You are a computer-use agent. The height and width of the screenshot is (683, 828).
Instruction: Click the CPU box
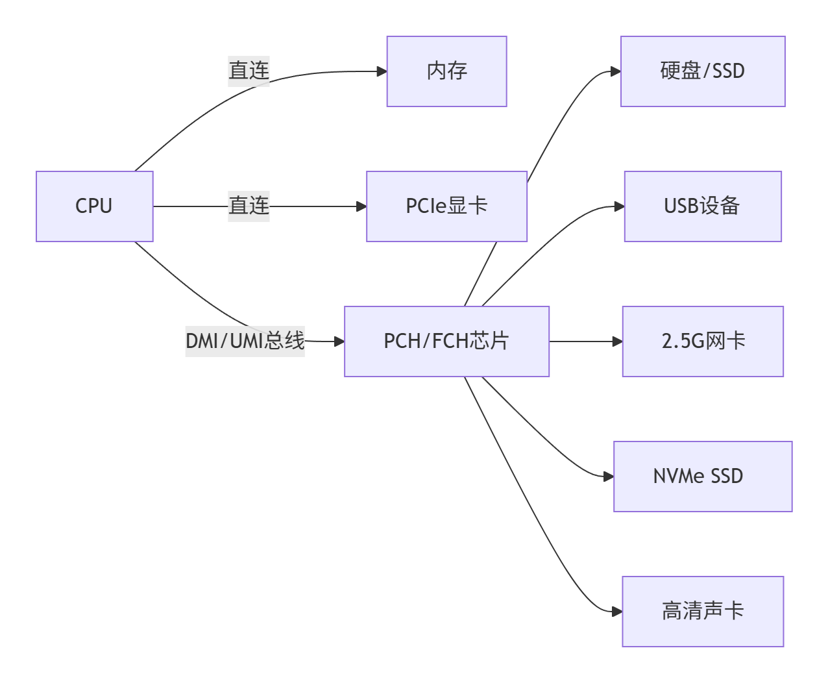pos(95,206)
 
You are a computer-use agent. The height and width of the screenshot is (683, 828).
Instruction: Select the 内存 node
pos(446,71)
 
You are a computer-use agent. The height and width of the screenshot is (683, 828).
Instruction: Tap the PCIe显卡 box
pos(446,206)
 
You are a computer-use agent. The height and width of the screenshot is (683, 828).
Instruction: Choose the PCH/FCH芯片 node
pos(446,341)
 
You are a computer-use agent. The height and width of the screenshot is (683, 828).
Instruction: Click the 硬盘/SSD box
pos(703,71)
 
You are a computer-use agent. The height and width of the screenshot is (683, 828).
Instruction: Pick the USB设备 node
pos(703,206)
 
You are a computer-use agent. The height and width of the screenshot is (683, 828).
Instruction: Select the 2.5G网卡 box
pos(703,341)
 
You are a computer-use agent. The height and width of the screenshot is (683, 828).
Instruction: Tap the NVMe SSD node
pos(703,477)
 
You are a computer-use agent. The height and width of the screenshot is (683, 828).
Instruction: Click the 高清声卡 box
pos(703,612)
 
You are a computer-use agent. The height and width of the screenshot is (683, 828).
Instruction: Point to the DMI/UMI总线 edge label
pos(245,341)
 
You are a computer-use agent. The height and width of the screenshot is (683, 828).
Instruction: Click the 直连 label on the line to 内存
pos(249,71)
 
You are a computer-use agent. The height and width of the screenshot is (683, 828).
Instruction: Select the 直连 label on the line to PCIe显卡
pos(249,206)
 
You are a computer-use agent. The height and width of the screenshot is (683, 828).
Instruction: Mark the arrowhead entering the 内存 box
pos(382,71)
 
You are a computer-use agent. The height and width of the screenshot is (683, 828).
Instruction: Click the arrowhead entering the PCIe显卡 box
pos(361,206)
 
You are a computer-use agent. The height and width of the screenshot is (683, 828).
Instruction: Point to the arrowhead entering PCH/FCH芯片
pos(339,341)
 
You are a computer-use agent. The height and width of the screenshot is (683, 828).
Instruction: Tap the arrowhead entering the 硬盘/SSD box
pos(616,71)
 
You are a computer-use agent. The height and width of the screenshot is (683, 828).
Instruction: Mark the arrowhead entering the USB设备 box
pos(619,206)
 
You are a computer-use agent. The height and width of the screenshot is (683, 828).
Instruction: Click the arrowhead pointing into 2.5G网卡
pos(617,341)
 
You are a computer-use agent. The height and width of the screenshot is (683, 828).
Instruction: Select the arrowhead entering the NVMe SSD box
pos(609,477)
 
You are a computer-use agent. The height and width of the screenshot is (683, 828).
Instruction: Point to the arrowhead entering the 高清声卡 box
pos(617,612)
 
